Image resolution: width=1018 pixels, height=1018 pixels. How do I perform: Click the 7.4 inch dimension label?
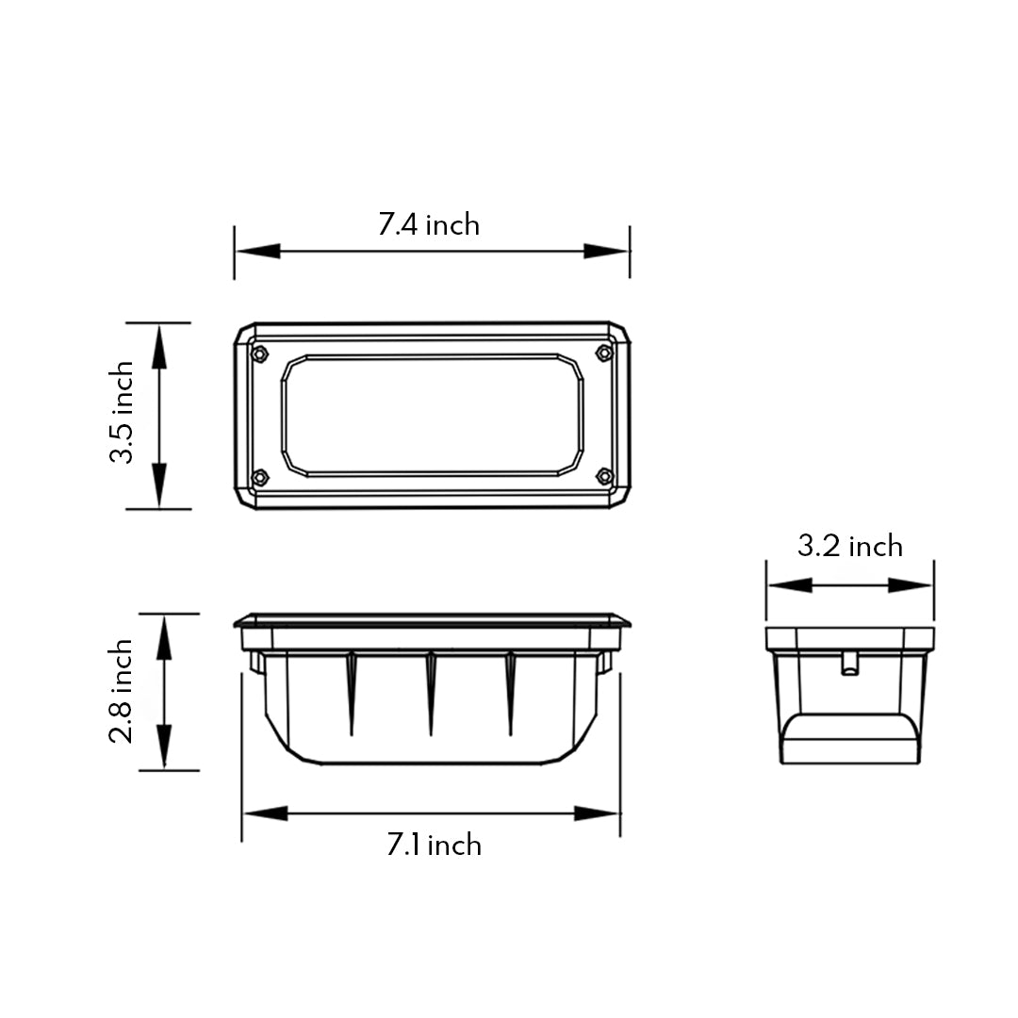point(429,225)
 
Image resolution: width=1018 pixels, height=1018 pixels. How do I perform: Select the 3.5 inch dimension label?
point(123,414)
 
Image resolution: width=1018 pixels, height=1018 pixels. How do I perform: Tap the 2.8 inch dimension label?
point(121,691)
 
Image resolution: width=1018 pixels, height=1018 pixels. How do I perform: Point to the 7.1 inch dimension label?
point(434,845)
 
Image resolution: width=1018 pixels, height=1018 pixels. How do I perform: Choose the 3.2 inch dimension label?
point(849,546)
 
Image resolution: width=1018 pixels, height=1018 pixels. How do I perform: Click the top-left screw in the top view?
point(260,353)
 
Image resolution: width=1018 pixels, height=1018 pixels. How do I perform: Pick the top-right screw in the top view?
point(604,353)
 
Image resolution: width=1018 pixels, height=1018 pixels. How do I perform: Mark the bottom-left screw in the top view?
point(261,477)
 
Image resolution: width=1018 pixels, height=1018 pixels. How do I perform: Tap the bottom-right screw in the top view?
point(604,477)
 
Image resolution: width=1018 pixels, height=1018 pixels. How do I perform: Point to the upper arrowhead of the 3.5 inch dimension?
point(158,345)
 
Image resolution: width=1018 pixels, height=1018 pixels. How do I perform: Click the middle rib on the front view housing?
point(430,693)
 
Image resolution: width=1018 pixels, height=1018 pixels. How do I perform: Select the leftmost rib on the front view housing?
point(351,693)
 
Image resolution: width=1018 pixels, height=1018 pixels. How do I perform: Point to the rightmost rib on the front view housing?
point(510,693)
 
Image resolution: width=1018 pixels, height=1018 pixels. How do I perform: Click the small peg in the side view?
point(848,663)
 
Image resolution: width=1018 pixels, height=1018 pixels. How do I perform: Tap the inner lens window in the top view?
point(432,415)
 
